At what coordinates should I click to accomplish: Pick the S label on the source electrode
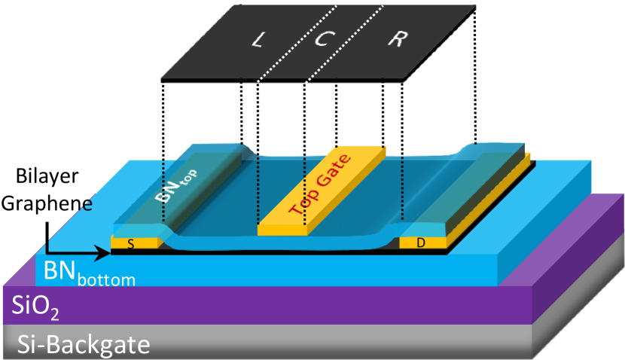131,243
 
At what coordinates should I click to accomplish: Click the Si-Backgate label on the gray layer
83,346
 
